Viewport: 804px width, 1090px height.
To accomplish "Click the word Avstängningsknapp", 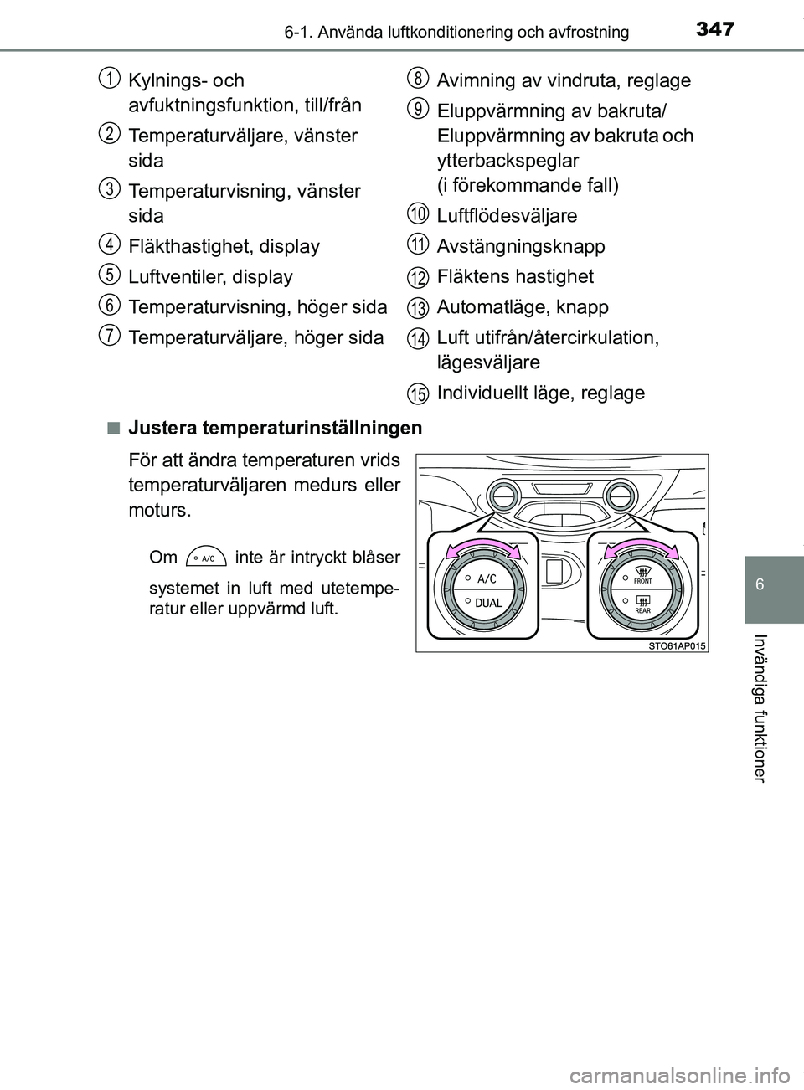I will (x=520, y=246).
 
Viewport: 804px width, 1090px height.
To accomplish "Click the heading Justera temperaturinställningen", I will (x=276, y=429).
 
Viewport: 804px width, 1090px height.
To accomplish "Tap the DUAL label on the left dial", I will (x=489, y=603).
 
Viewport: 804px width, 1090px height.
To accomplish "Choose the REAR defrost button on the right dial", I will (x=642, y=604).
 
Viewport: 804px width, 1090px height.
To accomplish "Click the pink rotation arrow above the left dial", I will (x=482, y=548).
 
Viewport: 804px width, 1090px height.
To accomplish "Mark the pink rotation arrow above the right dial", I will (x=642, y=548).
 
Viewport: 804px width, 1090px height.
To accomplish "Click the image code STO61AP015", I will (x=677, y=645).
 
